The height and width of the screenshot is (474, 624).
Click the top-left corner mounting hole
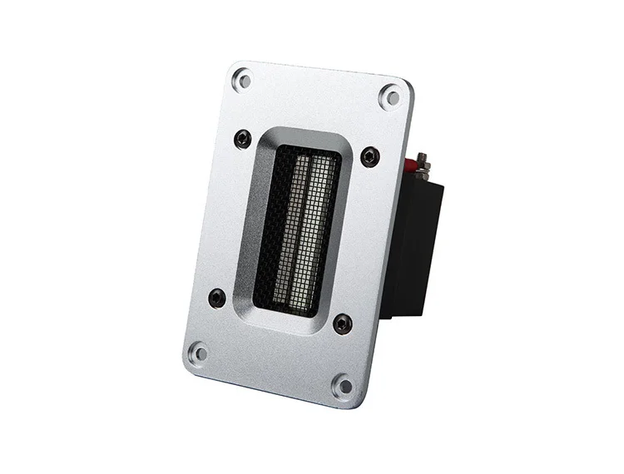[242, 81]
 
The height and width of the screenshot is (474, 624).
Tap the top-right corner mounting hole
[390, 96]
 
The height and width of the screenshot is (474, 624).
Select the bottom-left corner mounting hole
[198, 353]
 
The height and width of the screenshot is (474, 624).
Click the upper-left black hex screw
[242, 139]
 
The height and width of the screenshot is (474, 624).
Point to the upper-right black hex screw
[369, 156]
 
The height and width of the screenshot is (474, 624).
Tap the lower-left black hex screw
[217, 298]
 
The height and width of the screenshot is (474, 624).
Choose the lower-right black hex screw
[342, 323]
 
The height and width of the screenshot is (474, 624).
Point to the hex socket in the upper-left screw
[242, 139]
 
